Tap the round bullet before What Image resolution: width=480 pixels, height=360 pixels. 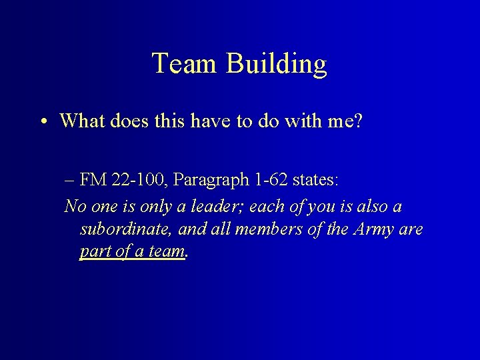[x=42, y=121]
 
